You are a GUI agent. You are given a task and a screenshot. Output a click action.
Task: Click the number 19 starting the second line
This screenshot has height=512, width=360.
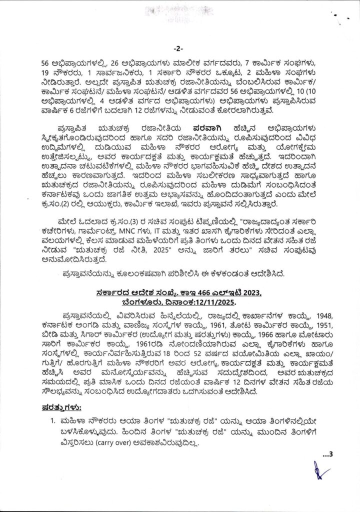46,73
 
